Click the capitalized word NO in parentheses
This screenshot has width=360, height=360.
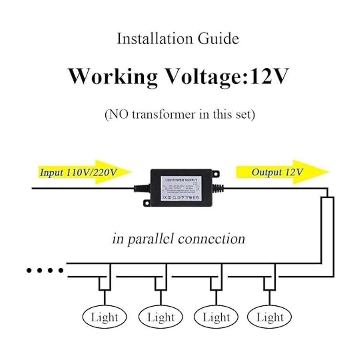pyautogui.click(x=118, y=114)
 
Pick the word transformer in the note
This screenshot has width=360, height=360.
pyautogui.click(x=164, y=114)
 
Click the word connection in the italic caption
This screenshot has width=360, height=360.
pyautogui.click(x=211, y=239)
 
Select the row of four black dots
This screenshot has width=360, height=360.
pyautogui.click(x=45, y=270)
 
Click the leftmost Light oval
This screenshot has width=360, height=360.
pyautogui.click(x=104, y=317)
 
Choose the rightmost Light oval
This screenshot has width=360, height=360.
pyautogui.click(x=270, y=317)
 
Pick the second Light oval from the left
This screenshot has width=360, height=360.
pyautogui.click(x=161, y=317)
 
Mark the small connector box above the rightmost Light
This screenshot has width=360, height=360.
pyautogui.click(x=270, y=284)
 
